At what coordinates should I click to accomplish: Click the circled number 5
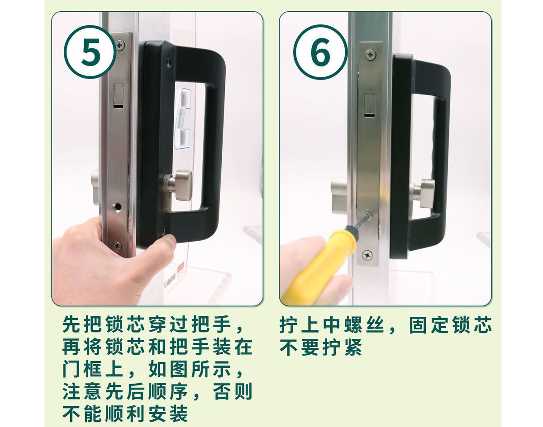[90, 52]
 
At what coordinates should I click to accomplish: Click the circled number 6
[320, 52]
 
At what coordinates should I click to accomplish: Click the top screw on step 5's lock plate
[120, 46]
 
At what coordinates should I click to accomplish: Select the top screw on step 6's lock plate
[371, 55]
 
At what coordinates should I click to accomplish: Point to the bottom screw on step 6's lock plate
[367, 255]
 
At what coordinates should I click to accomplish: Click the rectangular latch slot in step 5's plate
[119, 96]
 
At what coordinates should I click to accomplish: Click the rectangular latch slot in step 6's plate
[370, 105]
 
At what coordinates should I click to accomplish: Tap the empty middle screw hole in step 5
[117, 207]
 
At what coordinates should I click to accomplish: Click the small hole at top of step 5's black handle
[169, 61]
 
